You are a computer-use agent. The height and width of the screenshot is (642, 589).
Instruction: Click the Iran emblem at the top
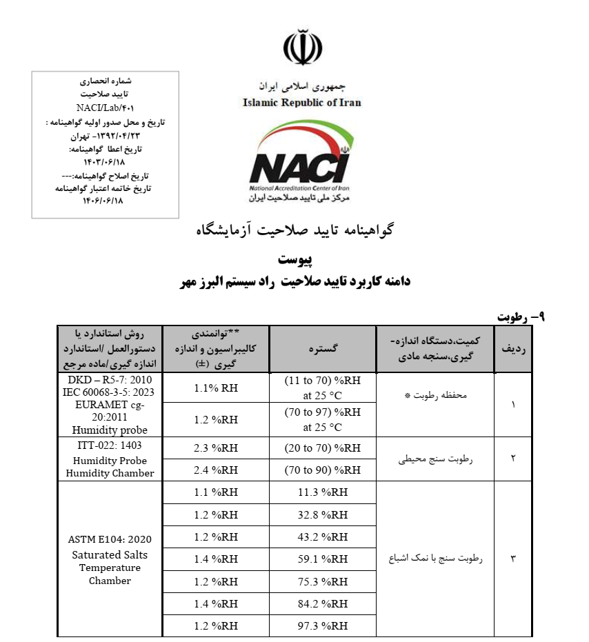tap(302, 48)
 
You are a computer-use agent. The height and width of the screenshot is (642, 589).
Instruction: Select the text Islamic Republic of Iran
tap(301, 103)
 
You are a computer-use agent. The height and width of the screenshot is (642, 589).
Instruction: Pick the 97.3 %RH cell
tap(323, 626)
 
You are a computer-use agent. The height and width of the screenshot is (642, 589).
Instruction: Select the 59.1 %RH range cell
tap(323, 560)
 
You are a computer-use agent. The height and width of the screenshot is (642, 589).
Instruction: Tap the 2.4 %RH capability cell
tap(215, 470)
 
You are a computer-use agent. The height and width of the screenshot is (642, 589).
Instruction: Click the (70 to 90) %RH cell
tap(323, 470)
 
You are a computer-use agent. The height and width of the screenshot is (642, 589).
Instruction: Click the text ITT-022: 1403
tap(110, 445)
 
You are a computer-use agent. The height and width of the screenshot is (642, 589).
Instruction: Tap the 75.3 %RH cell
tap(323, 581)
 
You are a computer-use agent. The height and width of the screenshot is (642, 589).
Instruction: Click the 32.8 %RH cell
tap(323, 515)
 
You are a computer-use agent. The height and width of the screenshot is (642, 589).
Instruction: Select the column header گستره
tap(323, 350)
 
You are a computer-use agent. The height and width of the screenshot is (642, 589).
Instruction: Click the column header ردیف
tap(513, 350)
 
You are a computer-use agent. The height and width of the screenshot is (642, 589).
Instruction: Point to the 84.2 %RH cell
tap(323, 604)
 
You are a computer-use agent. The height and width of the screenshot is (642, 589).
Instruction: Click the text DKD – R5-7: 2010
tap(110, 381)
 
